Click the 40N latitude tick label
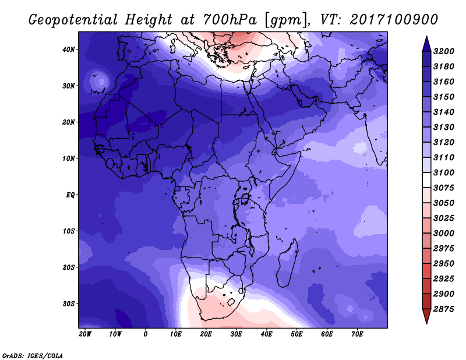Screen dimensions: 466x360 tap(69, 50)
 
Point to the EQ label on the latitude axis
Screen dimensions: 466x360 tap(70, 195)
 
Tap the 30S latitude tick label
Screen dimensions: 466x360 tap(69, 304)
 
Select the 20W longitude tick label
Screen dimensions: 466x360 tap(85, 334)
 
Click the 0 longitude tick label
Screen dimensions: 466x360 tap(145, 334)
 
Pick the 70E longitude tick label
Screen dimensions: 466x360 tap(357, 334)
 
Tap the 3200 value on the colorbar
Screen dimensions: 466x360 tap(444, 51)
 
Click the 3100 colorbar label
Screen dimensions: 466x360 tap(444, 172)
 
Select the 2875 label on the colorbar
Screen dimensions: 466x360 tap(444, 309)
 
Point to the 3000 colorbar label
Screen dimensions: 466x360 tap(444, 234)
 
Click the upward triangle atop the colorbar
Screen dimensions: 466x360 tap(426, 44)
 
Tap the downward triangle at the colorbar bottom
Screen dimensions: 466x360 tap(426, 316)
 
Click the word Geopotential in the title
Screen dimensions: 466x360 tap(73, 20)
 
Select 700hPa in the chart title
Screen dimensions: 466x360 tap(230, 20)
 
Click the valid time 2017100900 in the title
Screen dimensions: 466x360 tap(394, 20)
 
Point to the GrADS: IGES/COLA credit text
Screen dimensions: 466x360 tap(33, 355)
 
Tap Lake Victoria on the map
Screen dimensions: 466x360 tap(245, 198)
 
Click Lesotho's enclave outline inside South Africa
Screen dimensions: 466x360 tap(231, 302)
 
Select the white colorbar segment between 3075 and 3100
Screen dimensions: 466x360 tap(426, 180)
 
